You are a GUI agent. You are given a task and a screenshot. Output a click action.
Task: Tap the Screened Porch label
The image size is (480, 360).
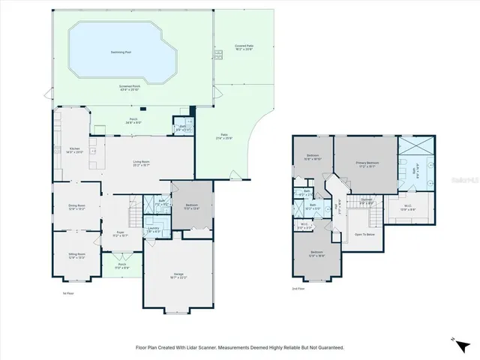130,87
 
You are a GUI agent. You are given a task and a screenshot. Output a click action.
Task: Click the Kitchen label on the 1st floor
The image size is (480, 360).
75,149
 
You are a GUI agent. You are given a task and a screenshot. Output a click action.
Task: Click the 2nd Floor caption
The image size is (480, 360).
298,288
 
